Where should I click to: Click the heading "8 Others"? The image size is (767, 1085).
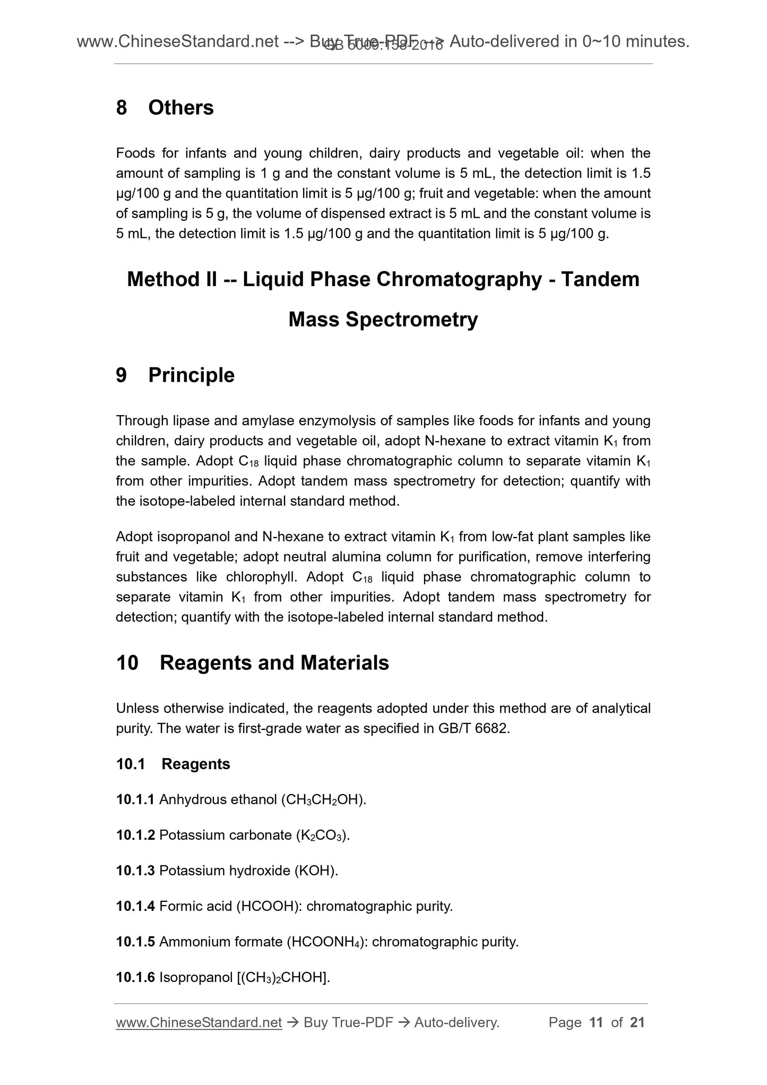tap(165, 108)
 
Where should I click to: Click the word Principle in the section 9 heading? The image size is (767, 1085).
tap(191, 375)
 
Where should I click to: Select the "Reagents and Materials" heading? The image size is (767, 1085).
tap(274, 663)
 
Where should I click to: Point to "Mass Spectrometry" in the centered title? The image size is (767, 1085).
tap(383, 320)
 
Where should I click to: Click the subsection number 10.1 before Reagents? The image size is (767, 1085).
tap(131, 764)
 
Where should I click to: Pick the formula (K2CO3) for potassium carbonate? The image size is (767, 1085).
tap(322, 836)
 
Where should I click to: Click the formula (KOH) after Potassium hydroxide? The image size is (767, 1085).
tap(316, 871)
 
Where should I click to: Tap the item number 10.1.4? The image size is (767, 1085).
tap(135, 906)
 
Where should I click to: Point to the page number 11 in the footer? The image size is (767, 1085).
tap(596, 1022)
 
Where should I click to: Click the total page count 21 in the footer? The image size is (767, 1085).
tap(637, 1022)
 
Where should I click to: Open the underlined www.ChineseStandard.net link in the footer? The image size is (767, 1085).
tap(199, 1022)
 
